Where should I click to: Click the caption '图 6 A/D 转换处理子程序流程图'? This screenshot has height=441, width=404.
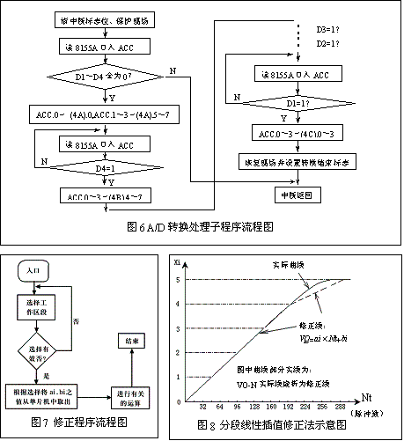[x=202, y=226]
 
